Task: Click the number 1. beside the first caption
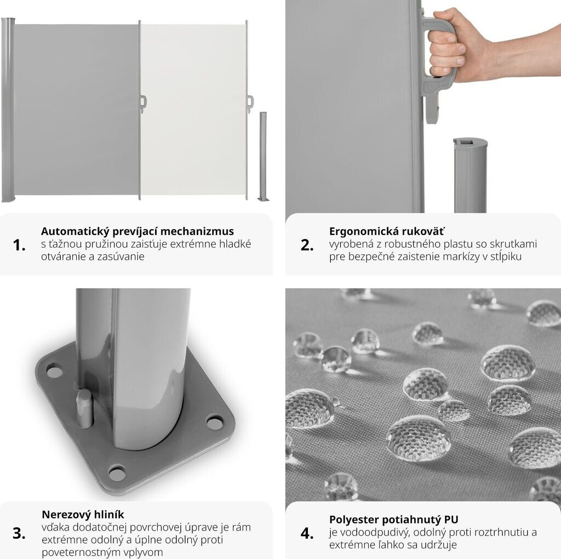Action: [x=19, y=246]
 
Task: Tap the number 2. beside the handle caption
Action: [x=307, y=246]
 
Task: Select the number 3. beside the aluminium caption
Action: [x=19, y=534]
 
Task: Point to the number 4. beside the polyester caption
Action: [x=307, y=534]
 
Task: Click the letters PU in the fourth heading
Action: [x=451, y=520]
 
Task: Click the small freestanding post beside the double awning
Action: [x=263, y=156]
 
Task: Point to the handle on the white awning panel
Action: [x=250, y=102]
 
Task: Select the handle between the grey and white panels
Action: [x=143, y=103]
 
